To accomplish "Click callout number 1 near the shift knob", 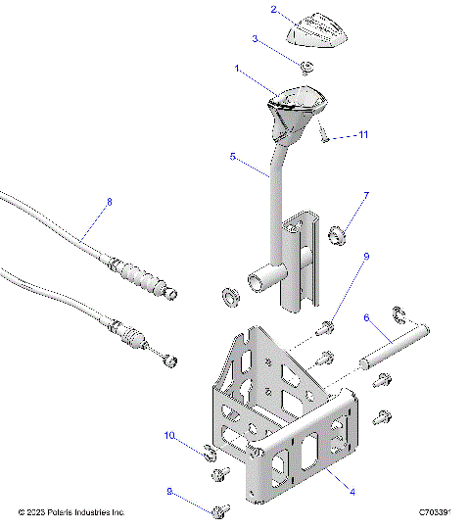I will (237, 70).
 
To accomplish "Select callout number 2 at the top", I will (274, 11).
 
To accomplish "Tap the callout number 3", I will (256, 40).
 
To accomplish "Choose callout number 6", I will (366, 318).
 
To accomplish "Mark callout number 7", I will (366, 197).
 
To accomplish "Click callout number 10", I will (168, 435).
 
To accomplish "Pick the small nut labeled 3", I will (306, 68).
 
